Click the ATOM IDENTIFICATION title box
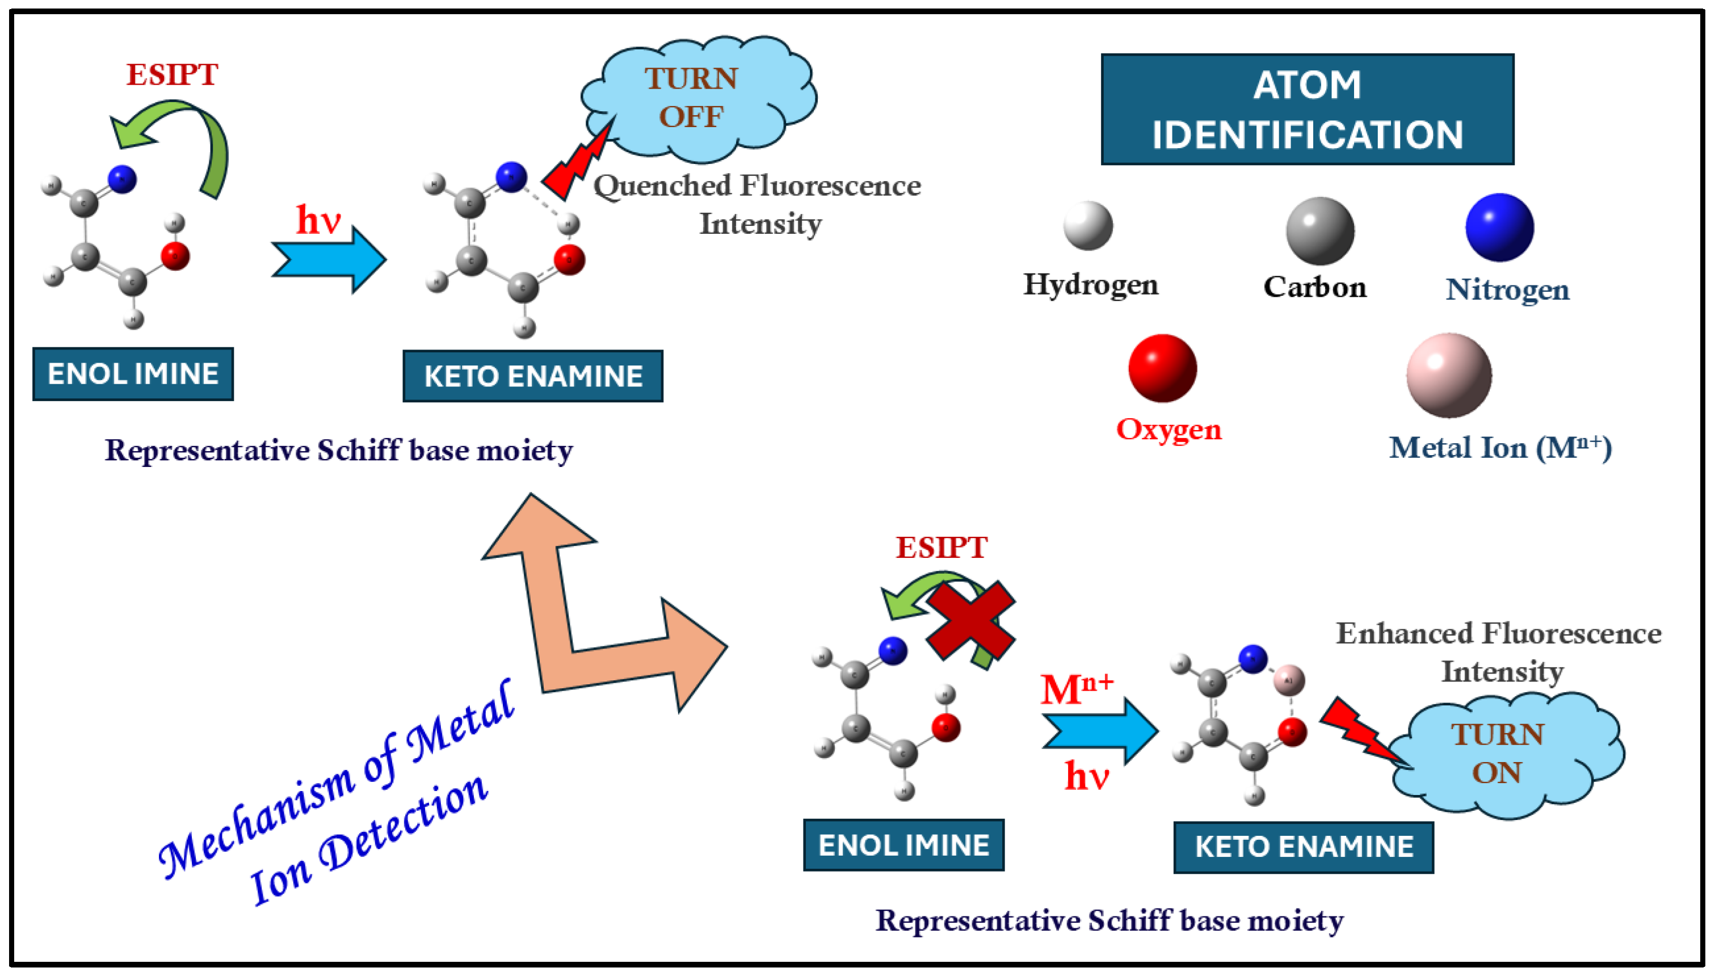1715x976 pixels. click(1307, 110)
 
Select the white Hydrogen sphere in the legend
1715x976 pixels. click(1088, 226)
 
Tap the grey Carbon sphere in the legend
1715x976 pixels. click(1319, 232)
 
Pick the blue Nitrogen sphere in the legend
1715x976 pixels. click(1499, 228)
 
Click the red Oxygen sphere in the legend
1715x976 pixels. click(1162, 368)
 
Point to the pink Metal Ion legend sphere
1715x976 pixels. click(1448, 376)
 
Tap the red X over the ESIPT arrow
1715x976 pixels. click(970, 621)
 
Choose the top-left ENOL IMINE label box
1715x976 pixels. click(133, 374)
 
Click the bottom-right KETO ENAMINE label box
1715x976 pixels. click(1303, 847)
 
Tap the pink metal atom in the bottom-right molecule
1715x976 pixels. click(1288, 680)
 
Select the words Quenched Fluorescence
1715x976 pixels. click(756, 186)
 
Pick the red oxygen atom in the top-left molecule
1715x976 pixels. click(175, 256)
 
